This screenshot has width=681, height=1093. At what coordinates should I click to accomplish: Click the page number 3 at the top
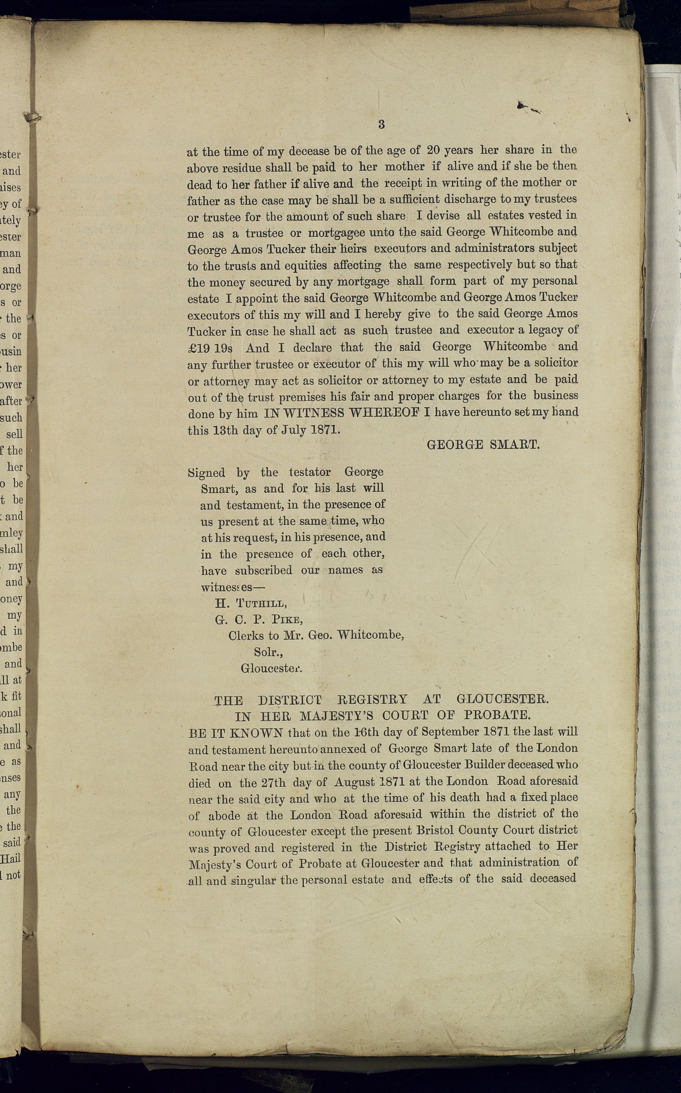click(x=381, y=125)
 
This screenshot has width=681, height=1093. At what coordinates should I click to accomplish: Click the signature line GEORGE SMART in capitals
click(x=483, y=445)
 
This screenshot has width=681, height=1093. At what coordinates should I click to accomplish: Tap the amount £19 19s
click(x=210, y=348)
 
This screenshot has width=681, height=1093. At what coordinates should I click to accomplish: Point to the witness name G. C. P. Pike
click(x=259, y=620)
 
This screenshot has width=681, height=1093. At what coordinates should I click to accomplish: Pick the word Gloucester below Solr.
click(x=271, y=668)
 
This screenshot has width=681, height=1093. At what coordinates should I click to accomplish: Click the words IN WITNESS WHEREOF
click(x=342, y=413)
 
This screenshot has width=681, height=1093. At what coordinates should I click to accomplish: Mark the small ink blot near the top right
click(x=522, y=105)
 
